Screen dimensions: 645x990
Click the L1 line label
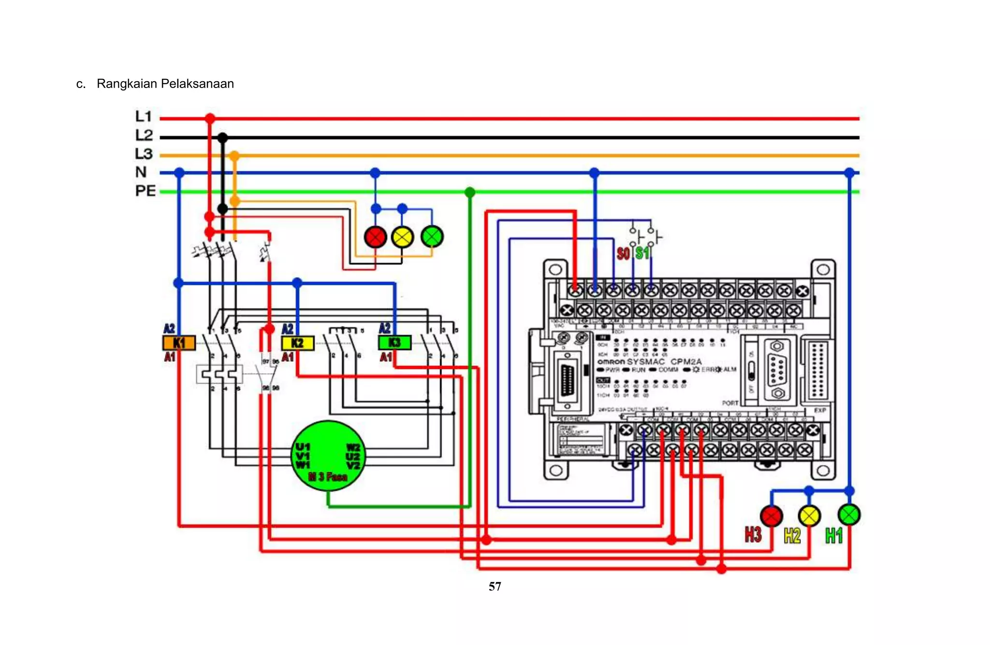144,117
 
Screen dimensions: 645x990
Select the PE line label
145,191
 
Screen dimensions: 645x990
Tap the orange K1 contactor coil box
179,343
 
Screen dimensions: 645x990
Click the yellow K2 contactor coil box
298,343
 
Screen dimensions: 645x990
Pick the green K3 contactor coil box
394,342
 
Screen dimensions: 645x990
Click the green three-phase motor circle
329,456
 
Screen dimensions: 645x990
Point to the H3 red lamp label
753,535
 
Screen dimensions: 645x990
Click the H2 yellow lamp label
792,535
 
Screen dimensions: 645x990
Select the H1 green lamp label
834,535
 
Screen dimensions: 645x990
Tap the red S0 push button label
624,253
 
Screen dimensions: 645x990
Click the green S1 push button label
642,253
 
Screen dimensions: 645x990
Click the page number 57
495,586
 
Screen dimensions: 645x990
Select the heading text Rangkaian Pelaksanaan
165,84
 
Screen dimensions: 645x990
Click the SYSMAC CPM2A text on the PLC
664,362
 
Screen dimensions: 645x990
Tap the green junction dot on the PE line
469,192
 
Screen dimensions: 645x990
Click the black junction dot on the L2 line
222,138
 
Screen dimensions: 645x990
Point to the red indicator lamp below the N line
375,237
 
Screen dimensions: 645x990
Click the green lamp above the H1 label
849,514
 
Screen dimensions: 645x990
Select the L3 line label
144,154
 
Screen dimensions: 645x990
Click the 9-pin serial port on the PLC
777,370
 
